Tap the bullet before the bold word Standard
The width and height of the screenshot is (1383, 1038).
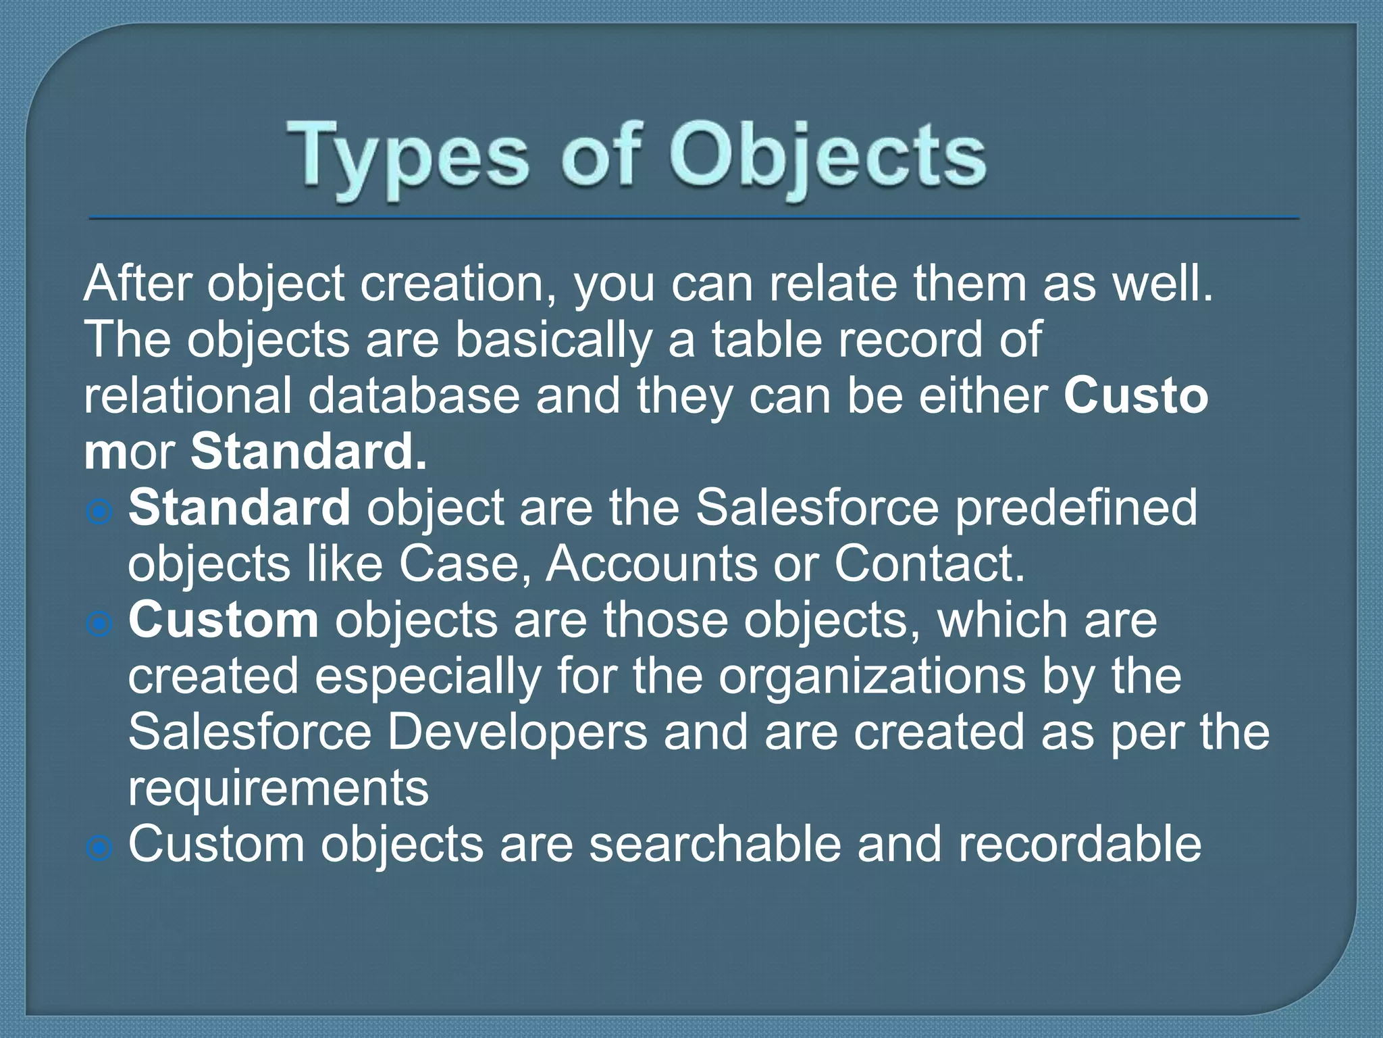click(100, 512)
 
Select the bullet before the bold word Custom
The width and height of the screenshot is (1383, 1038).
click(100, 624)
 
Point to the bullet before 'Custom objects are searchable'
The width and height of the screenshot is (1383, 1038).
click(100, 847)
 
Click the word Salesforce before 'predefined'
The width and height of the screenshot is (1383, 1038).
click(817, 508)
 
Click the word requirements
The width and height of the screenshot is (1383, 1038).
click(278, 789)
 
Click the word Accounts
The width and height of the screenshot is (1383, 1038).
click(651, 564)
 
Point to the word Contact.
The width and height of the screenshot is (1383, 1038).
click(929, 564)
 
